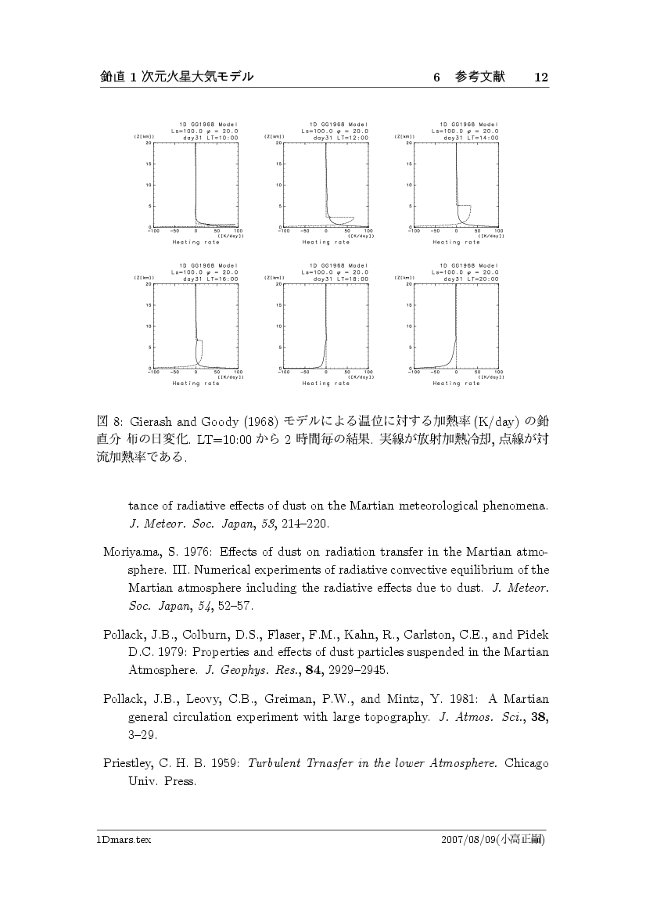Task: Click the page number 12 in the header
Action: [541, 77]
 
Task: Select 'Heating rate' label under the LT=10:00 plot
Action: [196, 243]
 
